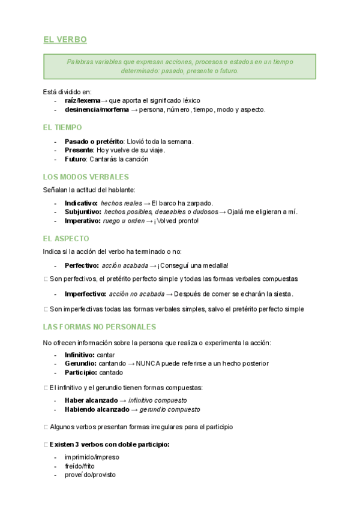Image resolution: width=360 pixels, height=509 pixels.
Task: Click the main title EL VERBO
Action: tap(65, 40)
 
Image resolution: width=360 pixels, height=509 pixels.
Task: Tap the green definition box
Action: tap(179, 66)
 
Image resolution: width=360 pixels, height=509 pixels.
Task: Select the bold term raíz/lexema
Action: tap(83, 100)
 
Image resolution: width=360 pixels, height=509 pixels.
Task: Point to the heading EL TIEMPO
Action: tap(62, 127)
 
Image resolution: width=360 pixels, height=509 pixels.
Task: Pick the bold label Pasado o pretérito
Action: tap(94, 142)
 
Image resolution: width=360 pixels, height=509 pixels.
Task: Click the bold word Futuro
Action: tap(76, 159)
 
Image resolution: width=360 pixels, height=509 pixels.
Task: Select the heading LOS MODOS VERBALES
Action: tap(86, 177)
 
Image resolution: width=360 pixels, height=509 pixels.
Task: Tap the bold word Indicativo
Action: tap(81, 203)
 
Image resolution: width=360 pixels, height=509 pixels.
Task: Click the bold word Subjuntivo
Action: tap(82, 211)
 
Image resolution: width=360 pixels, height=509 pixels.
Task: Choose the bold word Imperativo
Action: tap(82, 220)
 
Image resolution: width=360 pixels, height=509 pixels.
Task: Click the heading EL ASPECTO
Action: tap(66, 238)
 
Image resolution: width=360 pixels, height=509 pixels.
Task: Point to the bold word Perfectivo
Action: tap(82, 265)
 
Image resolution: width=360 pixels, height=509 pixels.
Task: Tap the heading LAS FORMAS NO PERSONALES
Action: tap(100, 327)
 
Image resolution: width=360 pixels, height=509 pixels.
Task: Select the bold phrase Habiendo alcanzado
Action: tap(97, 409)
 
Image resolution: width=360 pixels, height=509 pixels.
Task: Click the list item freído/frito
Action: tap(80, 466)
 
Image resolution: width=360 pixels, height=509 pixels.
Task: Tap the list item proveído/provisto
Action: tap(90, 475)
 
